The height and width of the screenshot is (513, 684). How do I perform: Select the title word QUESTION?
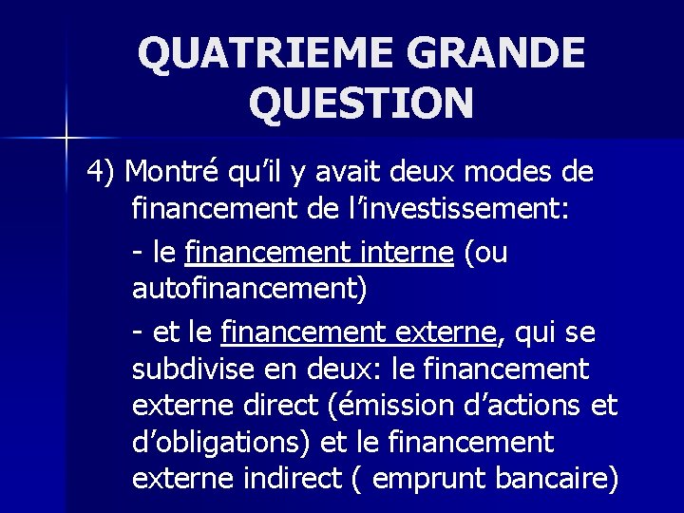tap(361, 104)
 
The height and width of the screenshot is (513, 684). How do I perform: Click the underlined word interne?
tap(409, 253)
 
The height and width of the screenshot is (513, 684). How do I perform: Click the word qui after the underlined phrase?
tap(537, 332)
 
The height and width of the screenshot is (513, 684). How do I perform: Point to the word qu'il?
tap(257, 172)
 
